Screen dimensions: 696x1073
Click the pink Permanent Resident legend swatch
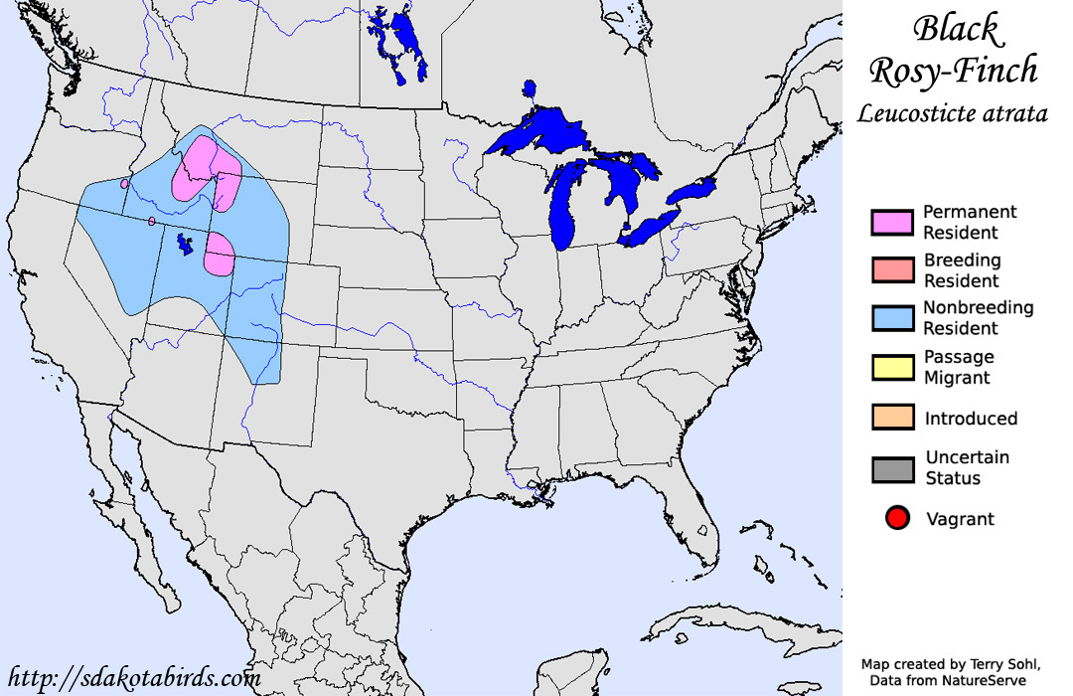[x=891, y=223]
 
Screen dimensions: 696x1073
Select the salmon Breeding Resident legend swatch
[x=891, y=270]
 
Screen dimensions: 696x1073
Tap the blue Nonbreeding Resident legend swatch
[x=891, y=318]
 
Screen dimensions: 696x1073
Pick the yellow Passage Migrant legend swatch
[x=891, y=367]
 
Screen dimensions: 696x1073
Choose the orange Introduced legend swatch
[x=891, y=418]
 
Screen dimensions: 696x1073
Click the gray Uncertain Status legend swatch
[x=891, y=467]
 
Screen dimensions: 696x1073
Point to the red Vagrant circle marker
[x=898, y=518]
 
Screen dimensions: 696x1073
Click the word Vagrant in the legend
[x=960, y=519]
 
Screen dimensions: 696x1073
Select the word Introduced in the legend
[x=971, y=419]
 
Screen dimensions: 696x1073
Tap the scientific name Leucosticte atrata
[x=952, y=113]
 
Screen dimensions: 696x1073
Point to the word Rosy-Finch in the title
[x=953, y=71]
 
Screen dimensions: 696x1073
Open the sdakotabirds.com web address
[x=133, y=678]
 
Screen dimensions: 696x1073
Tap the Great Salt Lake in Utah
[x=185, y=244]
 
